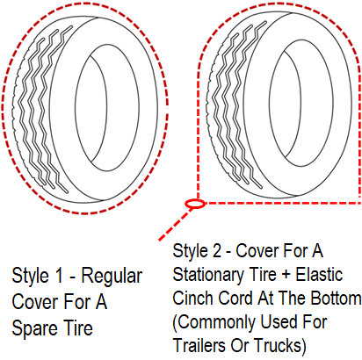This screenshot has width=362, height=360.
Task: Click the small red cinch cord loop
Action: (x=195, y=204)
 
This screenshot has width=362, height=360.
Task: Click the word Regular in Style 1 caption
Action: (x=112, y=277)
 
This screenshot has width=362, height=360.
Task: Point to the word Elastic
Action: (x=319, y=274)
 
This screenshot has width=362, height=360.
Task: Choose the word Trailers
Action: (x=199, y=345)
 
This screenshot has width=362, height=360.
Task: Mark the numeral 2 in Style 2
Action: (x=217, y=251)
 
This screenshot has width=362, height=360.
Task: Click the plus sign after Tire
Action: (x=286, y=275)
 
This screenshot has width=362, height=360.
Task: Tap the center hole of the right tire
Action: (x=301, y=103)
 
